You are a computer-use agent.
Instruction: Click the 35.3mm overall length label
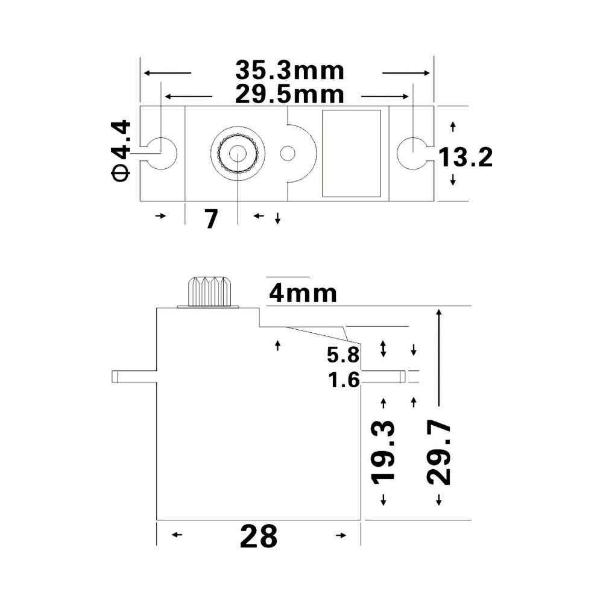click(x=289, y=71)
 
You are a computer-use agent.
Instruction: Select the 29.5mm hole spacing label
click(x=289, y=95)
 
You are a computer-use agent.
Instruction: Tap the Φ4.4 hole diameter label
click(x=121, y=150)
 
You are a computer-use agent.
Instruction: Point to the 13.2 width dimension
click(x=465, y=157)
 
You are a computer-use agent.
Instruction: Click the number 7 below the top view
click(x=210, y=219)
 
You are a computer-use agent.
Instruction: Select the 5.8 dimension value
click(x=343, y=355)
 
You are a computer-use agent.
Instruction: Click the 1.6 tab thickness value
click(x=344, y=380)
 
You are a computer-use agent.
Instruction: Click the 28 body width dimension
click(x=259, y=535)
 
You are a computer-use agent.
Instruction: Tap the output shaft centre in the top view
click(x=238, y=153)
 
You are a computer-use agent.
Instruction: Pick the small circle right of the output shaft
click(x=288, y=153)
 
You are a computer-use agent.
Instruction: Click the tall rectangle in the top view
click(x=352, y=153)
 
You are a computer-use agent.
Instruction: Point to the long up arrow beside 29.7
click(x=440, y=356)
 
